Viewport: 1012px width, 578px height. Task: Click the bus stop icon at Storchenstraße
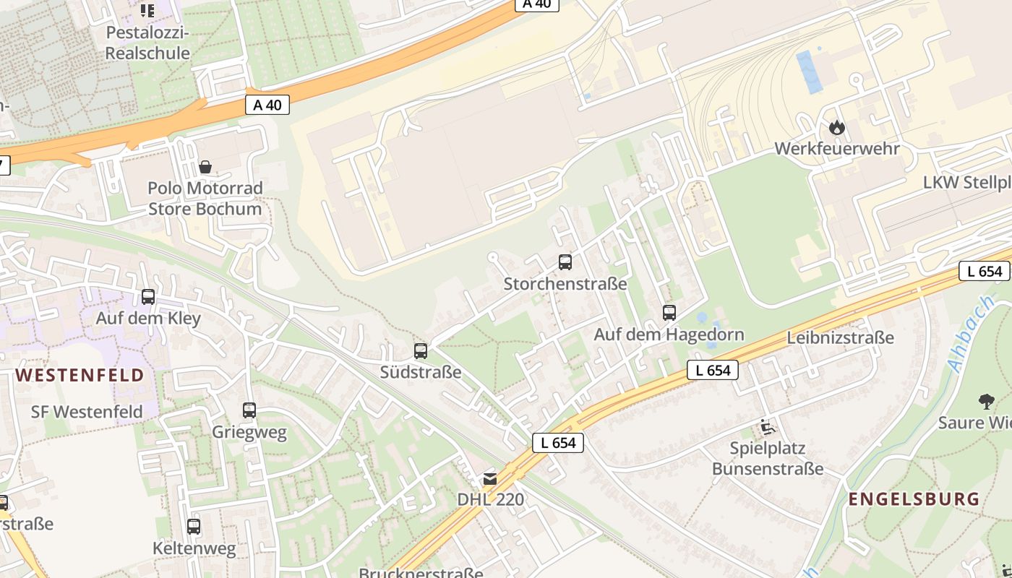pos(565,262)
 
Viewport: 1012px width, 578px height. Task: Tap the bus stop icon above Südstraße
pos(421,351)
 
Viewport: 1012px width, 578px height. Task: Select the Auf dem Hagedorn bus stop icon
pos(669,313)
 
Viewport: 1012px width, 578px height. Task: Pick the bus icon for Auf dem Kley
pos(148,296)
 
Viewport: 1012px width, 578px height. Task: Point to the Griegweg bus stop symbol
pos(249,410)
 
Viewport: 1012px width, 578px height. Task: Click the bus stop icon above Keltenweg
pos(194,526)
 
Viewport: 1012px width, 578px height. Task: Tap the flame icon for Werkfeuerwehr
pos(837,128)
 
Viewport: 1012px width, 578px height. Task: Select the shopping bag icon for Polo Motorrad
pos(205,167)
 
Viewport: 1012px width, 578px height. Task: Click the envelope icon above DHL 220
pos(491,478)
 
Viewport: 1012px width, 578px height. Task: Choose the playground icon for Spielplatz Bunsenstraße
pos(767,427)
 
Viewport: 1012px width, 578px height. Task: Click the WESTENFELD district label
pos(80,375)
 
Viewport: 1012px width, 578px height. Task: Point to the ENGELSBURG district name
pos(914,499)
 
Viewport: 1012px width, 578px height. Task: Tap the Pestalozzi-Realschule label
pos(147,43)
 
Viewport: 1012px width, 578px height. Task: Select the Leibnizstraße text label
pos(840,337)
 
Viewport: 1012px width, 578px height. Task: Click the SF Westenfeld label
pos(87,412)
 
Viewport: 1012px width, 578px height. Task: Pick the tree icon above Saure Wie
pos(986,401)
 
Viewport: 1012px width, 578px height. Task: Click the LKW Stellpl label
pos(966,182)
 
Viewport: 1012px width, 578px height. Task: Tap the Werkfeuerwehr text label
pos(837,149)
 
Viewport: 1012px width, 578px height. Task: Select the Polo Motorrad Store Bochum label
pos(205,199)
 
